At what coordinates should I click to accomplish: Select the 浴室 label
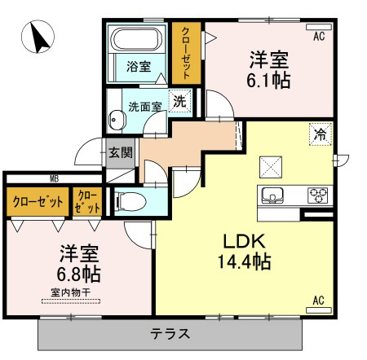(139, 67)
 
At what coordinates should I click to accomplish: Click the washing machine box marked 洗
(180, 101)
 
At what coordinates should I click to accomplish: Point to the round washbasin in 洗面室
(117, 120)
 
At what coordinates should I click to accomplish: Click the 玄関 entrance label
(121, 152)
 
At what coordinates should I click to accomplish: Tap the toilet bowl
(130, 202)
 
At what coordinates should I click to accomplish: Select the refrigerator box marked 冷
(321, 134)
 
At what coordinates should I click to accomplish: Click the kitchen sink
(272, 195)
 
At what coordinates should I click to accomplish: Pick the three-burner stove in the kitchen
(318, 195)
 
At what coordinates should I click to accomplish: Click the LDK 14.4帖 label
(244, 251)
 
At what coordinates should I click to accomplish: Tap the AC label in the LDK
(318, 301)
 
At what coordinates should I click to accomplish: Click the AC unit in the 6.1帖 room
(319, 27)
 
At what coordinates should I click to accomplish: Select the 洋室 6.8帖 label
(79, 264)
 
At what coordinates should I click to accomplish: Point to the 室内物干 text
(71, 292)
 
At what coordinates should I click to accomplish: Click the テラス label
(170, 334)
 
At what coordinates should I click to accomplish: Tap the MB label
(55, 179)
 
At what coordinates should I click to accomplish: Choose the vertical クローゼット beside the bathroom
(186, 53)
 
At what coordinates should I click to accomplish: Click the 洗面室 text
(145, 107)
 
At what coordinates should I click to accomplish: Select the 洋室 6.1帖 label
(268, 70)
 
